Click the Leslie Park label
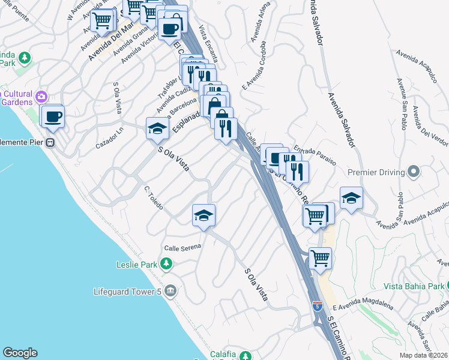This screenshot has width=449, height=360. coord(137,264)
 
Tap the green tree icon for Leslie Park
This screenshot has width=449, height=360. coord(167,263)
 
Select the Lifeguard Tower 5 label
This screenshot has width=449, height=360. coord(127,292)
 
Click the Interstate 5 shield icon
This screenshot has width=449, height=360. coord(317,307)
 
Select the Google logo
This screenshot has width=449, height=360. coord(20,353)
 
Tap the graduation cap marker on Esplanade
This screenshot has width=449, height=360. coord(157,128)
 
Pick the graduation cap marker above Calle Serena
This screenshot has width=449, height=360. coord(203,215)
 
